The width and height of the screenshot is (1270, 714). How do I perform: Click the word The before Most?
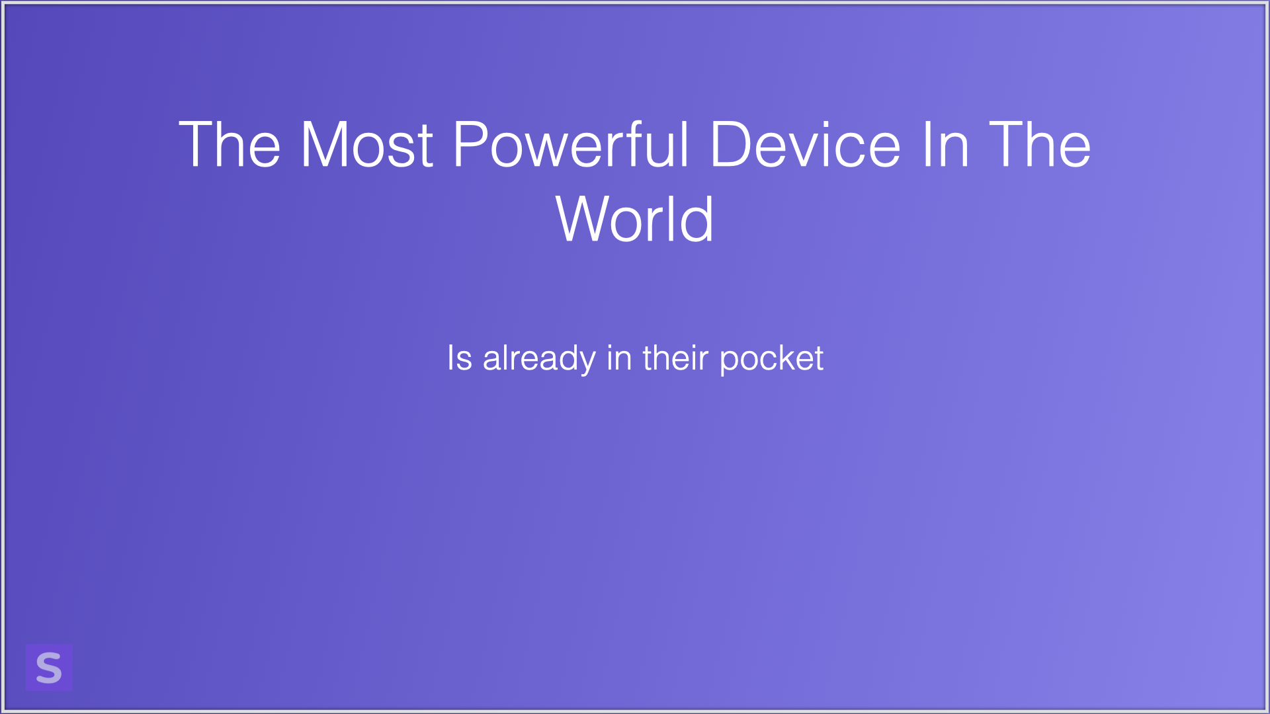[230, 144]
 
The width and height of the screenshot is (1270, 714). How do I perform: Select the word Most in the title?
[367, 144]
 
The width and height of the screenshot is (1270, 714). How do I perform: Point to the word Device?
[805, 144]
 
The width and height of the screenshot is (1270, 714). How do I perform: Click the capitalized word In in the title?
[945, 144]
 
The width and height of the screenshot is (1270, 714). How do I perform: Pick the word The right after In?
[1040, 144]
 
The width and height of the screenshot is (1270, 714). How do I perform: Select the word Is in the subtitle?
[460, 358]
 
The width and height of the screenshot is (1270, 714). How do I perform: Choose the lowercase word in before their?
[619, 358]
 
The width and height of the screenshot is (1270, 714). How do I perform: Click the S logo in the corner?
[49, 667]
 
